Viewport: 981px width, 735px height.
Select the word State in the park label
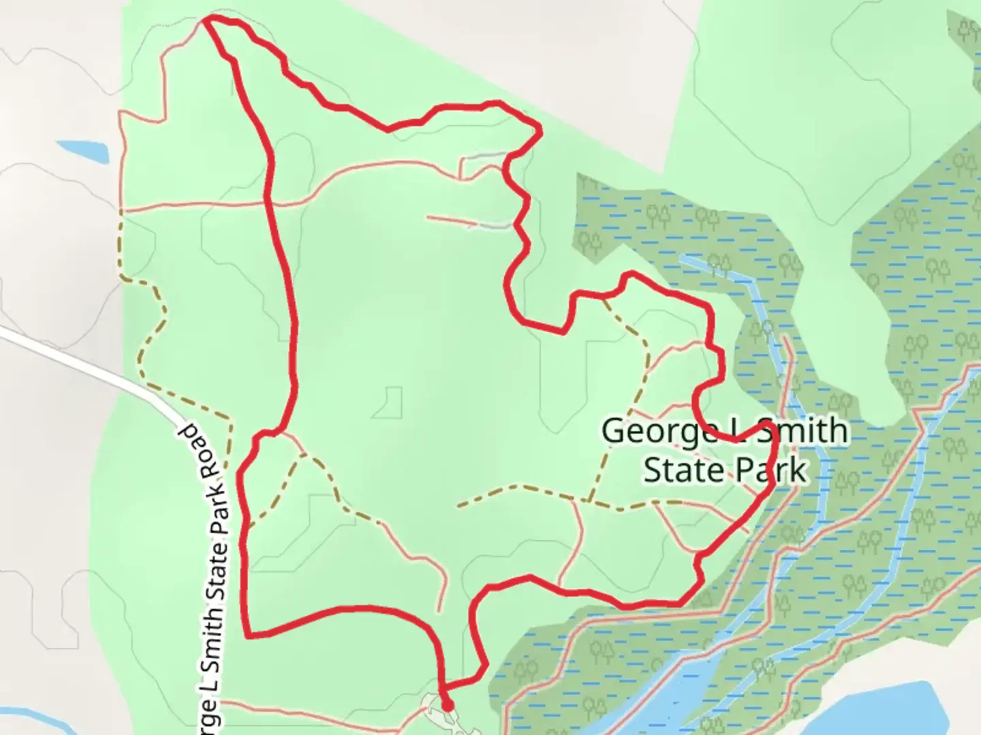point(683,470)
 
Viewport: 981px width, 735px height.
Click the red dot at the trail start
point(447,706)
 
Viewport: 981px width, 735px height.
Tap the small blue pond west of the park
point(82,151)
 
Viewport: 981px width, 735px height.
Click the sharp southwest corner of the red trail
point(247,636)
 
